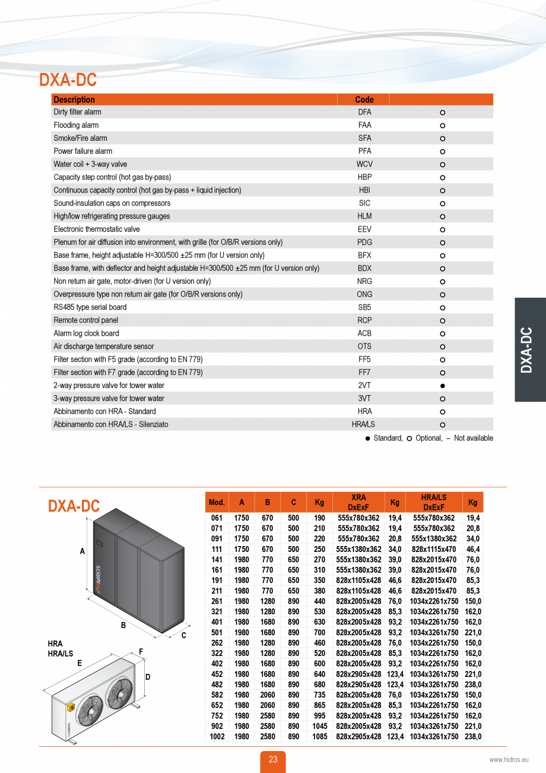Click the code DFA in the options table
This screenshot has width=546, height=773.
pyautogui.click(x=364, y=112)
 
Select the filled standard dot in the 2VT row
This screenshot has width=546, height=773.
pyautogui.click(x=443, y=386)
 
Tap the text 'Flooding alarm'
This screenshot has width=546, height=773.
pyautogui.click(x=76, y=125)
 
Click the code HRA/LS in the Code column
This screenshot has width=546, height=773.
pyautogui.click(x=364, y=425)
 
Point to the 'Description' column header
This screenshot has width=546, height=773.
pyautogui.click(x=74, y=100)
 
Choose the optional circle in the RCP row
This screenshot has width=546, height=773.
pyautogui.click(x=443, y=321)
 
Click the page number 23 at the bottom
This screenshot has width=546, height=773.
pyautogui.click(x=273, y=759)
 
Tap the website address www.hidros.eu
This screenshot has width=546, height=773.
pyautogui.click(x=508, y=759)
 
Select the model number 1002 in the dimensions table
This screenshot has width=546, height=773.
pyautogui.click(x=217, y=737)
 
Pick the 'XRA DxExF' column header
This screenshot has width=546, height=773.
pyautogui.click(x=358, y=502)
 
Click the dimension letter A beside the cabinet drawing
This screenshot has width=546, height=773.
pyautogui.click(x=82, y=551)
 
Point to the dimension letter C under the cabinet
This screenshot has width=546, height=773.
pyautogui.click(x=183, y=635)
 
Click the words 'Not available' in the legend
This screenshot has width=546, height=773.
pyautogui.click(x=473, y=438)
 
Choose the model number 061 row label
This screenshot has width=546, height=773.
pyautogui.click(x=217, y=518)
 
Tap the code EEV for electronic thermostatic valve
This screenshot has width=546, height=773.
pyautogui.click(x=364, y=229)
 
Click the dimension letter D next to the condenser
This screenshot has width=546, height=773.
pyautogui.click(x=148, y=677)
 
